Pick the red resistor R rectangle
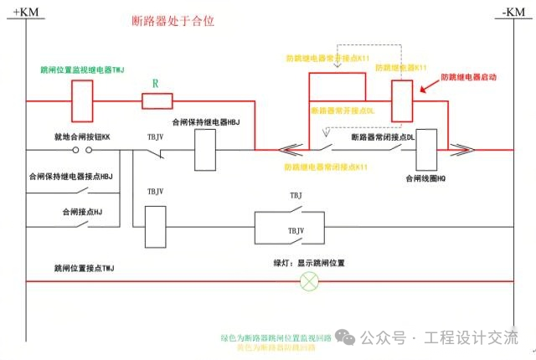pos(157,101)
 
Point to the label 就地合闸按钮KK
pos(82,136)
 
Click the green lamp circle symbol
pos(310,280)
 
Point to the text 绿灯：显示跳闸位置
pos(309,263)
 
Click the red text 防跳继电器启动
pos(469,77)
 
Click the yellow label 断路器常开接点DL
pos(343,111)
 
